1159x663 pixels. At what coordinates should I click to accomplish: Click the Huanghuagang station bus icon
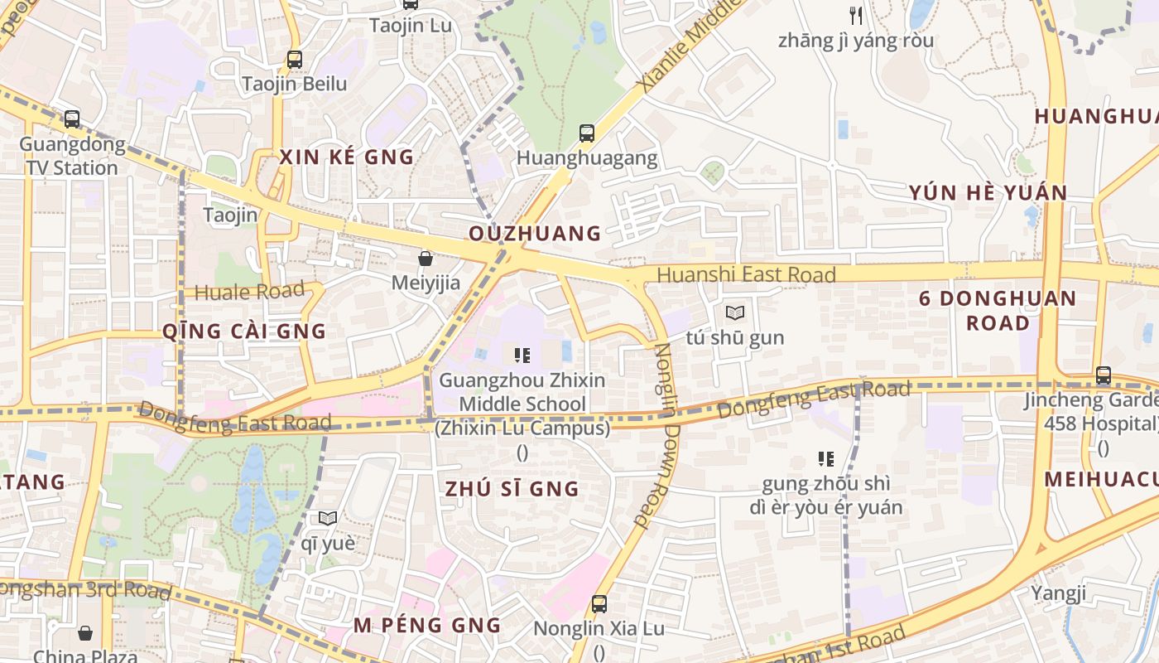587,133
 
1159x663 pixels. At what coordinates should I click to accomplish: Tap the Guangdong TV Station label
72,156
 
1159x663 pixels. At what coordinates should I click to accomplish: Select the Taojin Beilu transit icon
294,60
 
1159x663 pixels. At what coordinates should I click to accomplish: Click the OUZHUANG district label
535,234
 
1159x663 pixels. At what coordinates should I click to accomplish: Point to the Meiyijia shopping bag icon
426,259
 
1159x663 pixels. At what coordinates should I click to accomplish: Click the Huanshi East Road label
746,274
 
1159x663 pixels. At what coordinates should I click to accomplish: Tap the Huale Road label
249,292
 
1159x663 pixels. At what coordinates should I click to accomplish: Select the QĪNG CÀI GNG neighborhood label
244,331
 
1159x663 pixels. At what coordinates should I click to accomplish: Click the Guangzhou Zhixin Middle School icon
522,356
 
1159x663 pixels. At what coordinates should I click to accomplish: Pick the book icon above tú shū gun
734,313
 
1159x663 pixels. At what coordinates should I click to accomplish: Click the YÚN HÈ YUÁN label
988,193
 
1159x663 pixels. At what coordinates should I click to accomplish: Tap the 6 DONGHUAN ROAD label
998,310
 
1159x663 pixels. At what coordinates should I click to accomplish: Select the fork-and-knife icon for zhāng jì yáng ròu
856,15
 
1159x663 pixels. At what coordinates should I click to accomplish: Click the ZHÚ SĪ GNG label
512,489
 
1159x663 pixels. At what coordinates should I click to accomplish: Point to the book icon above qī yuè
328,519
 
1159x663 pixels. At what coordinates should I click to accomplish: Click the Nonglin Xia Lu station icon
599,604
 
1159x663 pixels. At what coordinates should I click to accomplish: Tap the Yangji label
1058,593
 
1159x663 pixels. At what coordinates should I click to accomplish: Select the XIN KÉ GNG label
346,157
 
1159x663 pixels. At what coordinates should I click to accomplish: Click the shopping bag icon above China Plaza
85,634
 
